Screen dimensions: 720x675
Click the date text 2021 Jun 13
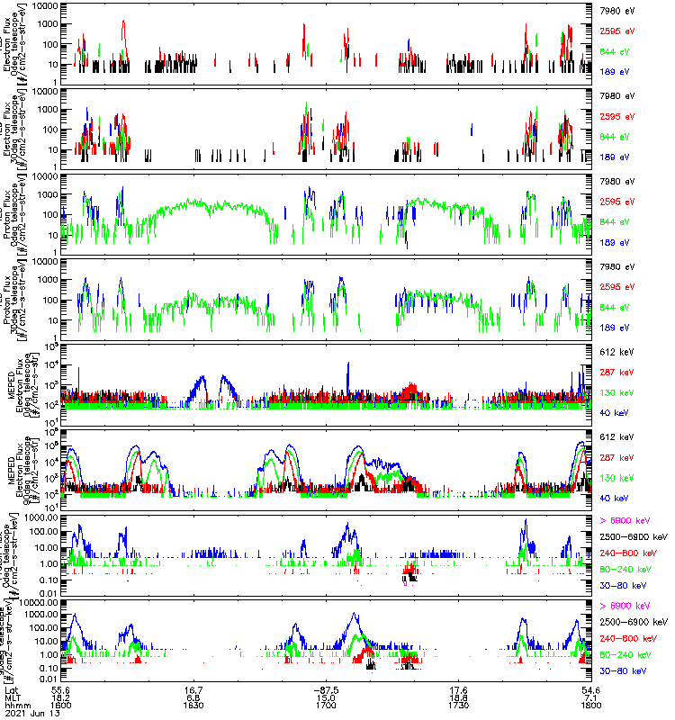(27, 713)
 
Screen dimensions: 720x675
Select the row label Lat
(11, 688)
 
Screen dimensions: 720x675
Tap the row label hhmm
(15, 704)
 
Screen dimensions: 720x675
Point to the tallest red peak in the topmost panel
(123, 22)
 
